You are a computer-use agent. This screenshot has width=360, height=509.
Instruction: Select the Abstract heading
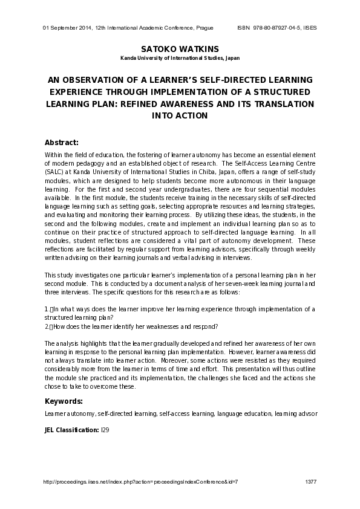click(62, 143)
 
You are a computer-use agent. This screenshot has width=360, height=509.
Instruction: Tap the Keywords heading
click(64, 401)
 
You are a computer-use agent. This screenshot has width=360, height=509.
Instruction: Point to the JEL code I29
click(105, 430)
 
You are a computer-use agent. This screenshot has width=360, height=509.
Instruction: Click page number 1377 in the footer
click(311, 481)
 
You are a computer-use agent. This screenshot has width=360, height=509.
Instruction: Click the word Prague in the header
click(204, 28)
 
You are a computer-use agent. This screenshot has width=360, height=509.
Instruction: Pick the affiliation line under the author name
click(180, 59)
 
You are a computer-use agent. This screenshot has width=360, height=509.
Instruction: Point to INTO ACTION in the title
click(180, 115)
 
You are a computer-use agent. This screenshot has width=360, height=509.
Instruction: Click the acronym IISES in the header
click(309, 28)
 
